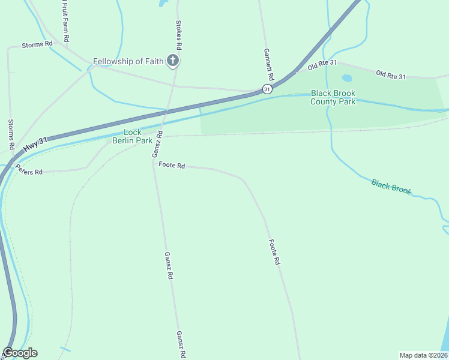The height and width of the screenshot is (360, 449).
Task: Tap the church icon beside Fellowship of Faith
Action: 173,60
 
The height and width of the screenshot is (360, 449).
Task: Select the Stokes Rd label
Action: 178,35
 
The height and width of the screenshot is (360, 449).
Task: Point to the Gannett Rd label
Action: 269,65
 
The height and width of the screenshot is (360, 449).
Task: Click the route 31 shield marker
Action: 267,89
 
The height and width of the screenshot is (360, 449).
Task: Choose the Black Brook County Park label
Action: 333,97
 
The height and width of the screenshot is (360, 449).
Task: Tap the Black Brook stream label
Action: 391,187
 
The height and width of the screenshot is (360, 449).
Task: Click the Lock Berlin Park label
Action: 133,136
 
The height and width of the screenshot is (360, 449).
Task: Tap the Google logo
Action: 20,353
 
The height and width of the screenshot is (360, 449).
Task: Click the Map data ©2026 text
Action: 423,355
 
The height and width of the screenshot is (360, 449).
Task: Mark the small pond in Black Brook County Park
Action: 347,78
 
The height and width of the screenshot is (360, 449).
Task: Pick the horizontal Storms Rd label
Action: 37,44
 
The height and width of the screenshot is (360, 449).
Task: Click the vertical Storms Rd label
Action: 11,134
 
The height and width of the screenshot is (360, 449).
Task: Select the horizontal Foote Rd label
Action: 171,164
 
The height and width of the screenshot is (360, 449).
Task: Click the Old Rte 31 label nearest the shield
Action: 322,64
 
